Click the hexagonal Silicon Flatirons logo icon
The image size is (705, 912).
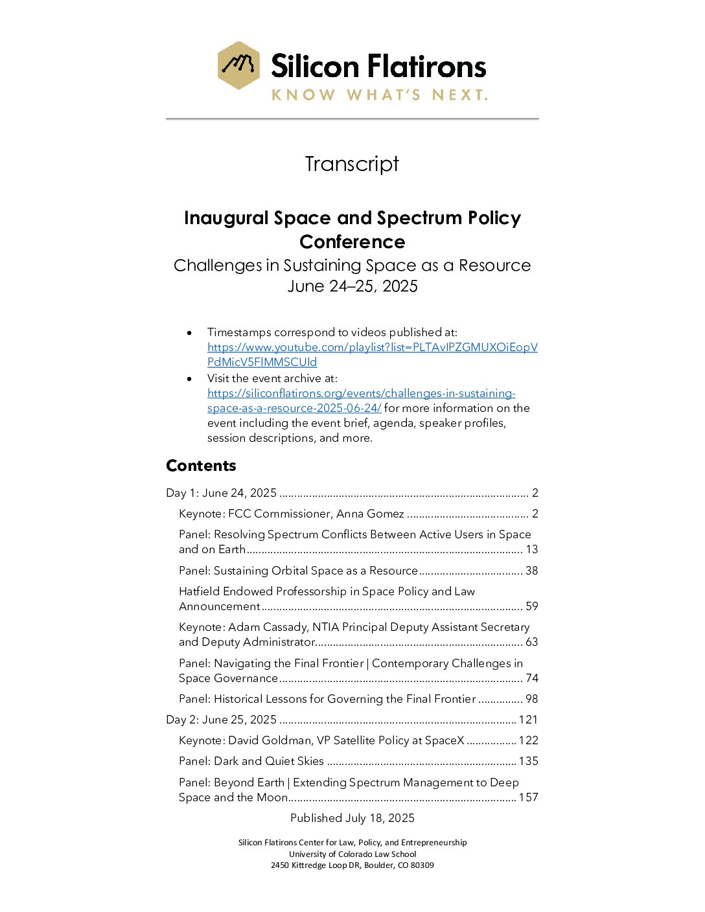coord(239,65)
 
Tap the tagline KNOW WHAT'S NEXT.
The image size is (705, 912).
coord(379,95)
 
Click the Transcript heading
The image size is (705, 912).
coord(352,164)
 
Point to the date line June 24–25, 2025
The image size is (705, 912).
coord(352,286)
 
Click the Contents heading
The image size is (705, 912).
coord(201,466)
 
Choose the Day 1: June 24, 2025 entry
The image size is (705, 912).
coord(222,493)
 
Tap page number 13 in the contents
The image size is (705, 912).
coord(531,549)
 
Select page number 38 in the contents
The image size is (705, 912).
coord(531,571)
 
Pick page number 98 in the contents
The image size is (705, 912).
coord(531,699)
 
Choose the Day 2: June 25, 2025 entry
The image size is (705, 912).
coord(222,720)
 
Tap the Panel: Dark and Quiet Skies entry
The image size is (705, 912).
coord(251,761)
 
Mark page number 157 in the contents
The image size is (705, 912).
coord(528,797)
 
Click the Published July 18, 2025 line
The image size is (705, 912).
coord(352,818)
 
